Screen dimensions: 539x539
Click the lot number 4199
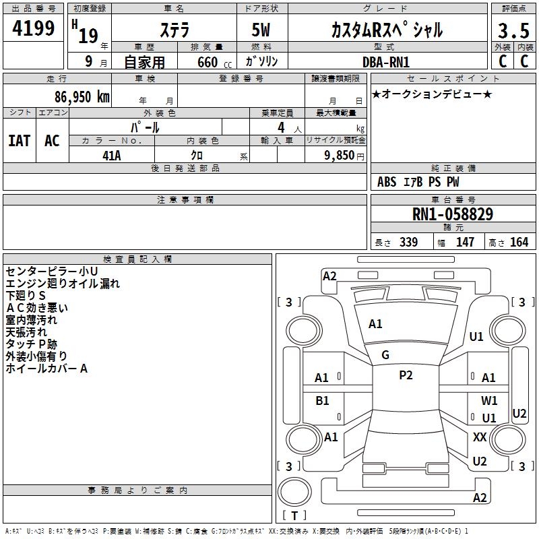coord(33,30)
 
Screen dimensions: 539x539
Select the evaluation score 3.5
coord(512,31)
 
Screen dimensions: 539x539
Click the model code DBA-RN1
coord(386,61)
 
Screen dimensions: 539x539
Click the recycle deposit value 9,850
coord(334,156)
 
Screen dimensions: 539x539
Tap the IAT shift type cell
coord(20,140)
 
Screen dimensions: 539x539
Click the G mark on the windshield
coord(385,355)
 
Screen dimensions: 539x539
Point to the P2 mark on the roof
coord(405,375)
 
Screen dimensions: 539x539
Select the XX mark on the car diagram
coord(480,437)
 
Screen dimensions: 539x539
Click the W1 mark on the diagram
coord(489,401)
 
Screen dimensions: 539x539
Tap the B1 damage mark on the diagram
coord(323,401)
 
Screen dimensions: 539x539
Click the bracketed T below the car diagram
coord(294,516)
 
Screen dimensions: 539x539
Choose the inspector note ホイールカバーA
coord(46,369)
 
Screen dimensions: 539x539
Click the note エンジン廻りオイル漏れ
coord(63,284)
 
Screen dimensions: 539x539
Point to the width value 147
coord(465,243)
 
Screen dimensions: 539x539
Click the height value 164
coord(519,243)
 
